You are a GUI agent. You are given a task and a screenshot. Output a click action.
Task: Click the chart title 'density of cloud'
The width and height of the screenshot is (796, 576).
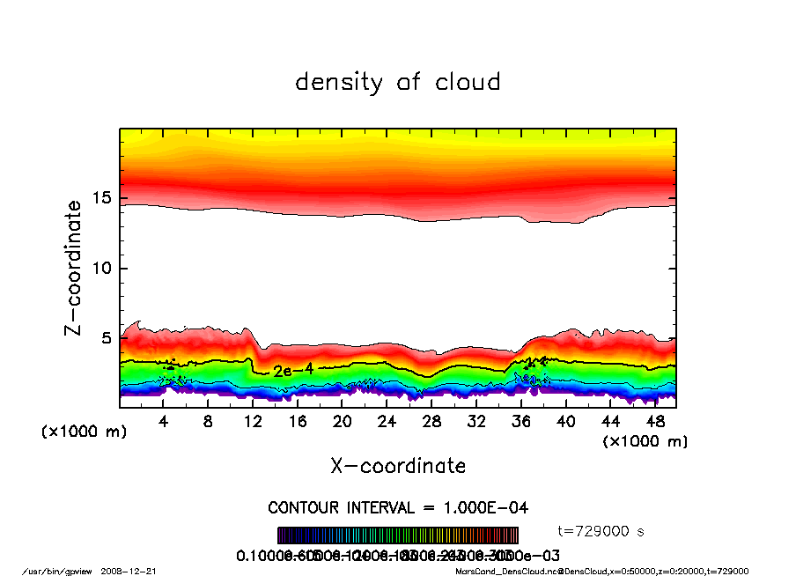coord(397,83)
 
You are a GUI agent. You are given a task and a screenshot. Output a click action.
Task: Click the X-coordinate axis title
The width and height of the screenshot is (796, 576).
coord(398,466)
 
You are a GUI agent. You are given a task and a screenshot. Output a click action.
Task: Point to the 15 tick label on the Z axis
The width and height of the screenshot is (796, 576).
coord(102,198)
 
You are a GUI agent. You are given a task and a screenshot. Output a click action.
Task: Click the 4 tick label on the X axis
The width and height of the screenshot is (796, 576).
coord(164,422)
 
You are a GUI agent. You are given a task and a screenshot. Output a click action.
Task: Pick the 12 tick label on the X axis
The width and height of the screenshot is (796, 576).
coord(253,422)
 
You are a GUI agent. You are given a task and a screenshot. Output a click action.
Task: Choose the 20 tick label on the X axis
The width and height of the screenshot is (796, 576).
coord(343,422)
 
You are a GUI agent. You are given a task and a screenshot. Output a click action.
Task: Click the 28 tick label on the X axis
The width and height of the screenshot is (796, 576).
coord(431,422)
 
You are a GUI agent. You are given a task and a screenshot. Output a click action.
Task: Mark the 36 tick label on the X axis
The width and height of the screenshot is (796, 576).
coord(520,422)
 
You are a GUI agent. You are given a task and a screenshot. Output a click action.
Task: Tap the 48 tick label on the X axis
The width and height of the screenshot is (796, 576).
coord(654,422)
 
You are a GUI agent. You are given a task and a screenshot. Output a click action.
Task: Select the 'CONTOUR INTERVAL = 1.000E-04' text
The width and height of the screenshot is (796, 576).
coord(398,507)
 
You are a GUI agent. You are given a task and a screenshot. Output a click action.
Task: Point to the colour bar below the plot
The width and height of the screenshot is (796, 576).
coord(398,535)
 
